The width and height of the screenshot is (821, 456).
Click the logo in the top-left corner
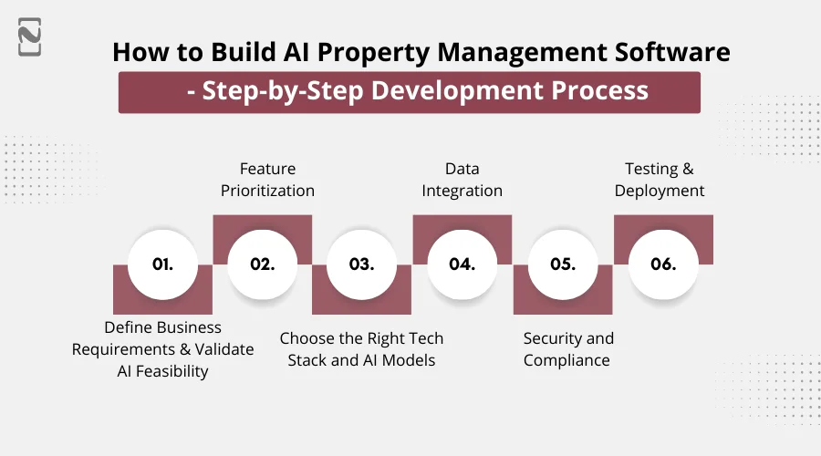click(x=29, y=40)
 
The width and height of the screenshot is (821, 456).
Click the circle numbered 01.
click(x=162, y=264)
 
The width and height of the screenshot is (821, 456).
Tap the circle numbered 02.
click(x=263, y=264)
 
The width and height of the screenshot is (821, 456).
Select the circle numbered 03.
click(x=362, y=264)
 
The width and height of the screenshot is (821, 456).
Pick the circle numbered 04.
click(x=462, y=264)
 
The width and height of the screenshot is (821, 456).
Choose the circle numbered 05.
click(x=563, y=264)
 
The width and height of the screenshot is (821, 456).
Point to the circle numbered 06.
click(x=663, y=264)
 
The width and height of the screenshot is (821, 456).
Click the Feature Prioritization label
click(x=267, y=180)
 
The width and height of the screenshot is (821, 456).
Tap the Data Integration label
click(x=462, y=180)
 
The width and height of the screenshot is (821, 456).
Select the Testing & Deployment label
click(x=660, y=180)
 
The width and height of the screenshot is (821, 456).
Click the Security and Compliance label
click(x=567, y=349)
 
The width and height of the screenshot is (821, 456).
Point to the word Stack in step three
click(x=308, y=360)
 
